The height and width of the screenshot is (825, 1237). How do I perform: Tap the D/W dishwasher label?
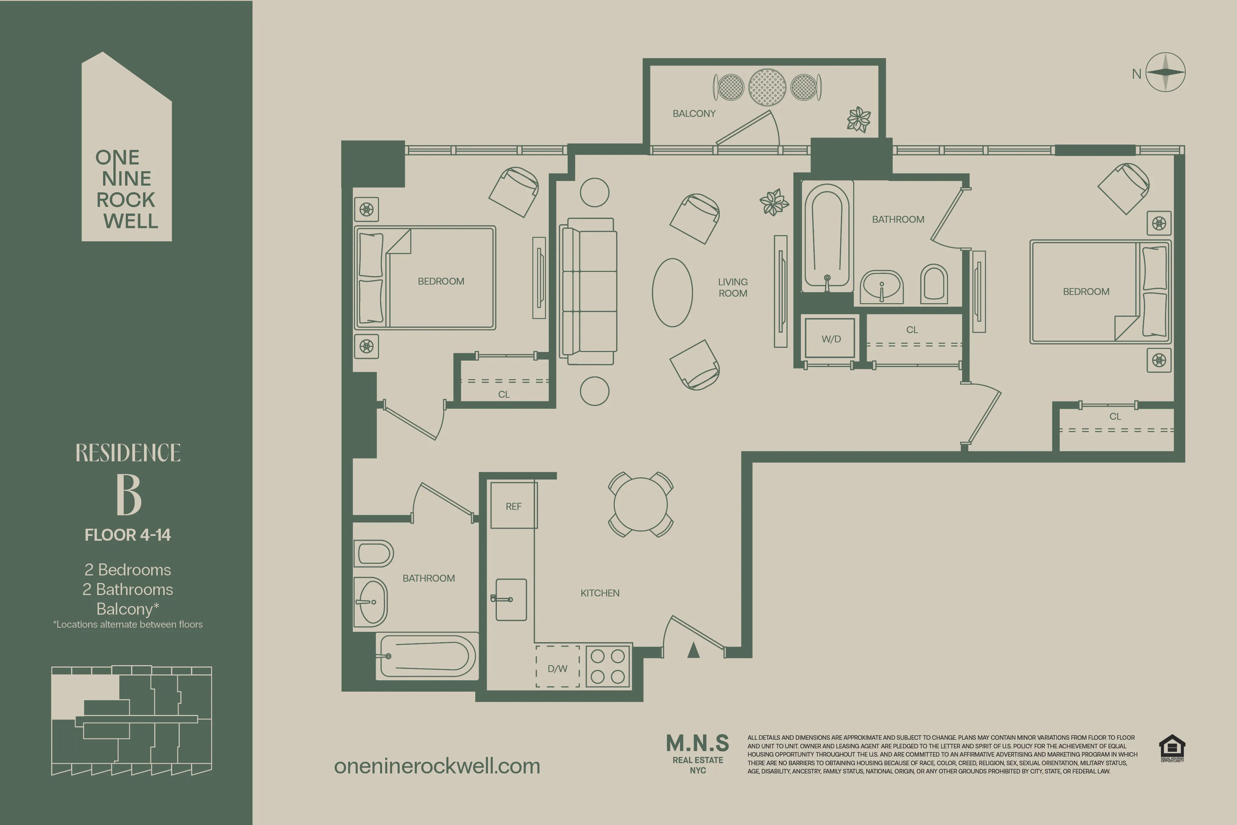tap(557, 668)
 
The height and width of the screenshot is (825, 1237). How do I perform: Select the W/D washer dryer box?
tap(831, 338)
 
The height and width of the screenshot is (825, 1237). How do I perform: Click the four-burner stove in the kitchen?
tap(608, 666)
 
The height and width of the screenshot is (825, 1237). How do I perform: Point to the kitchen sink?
tap(511, 599)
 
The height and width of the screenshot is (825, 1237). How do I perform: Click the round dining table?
tap(640, 504)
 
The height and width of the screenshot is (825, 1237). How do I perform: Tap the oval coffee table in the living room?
tap(672, 293)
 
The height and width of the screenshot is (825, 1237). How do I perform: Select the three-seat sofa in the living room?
tap(589, 291)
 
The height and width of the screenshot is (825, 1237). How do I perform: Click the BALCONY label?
tap(694, 113)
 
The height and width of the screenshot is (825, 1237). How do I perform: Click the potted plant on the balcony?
tap(858, 119)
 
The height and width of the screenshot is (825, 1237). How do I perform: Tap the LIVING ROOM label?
tap(733, 287)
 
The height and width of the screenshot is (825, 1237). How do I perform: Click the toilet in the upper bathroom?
tap(934, 284)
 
